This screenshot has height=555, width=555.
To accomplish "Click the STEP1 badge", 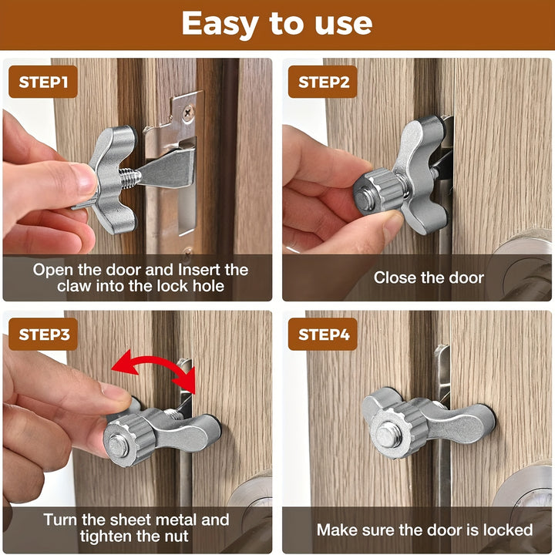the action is click(x=43, y=82).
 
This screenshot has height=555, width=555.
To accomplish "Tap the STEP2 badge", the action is click(x=322, y=82).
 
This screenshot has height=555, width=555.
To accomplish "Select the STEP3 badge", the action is click(x=43, y=334).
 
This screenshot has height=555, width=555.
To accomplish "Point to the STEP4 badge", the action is click(x=322, y=334).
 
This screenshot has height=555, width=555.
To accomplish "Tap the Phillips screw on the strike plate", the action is click(x=187, y=113).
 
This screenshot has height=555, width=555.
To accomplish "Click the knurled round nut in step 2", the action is click(x=377, y=192).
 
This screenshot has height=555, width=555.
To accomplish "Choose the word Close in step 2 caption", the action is click(x=395, y=277).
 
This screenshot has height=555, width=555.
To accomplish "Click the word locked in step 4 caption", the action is click(x=508, y=530).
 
